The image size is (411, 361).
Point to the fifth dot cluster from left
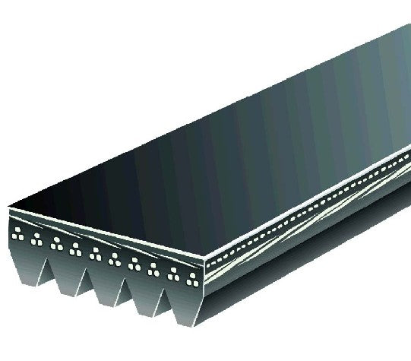95,252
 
